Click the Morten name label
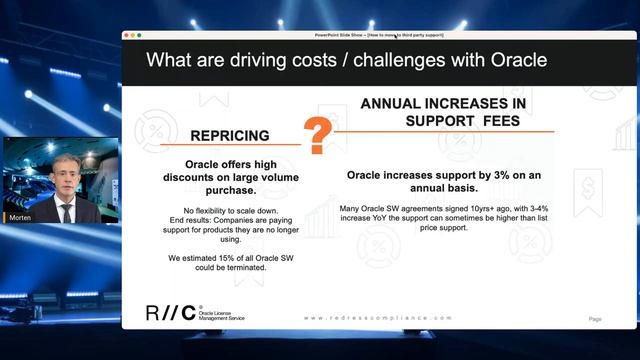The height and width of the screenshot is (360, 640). pyautogui.click(x=19, y=217)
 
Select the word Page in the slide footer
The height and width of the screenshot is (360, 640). pyautogui.click(x=594, y=319)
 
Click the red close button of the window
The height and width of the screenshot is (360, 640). pyautogui.click(x=127, y=35)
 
